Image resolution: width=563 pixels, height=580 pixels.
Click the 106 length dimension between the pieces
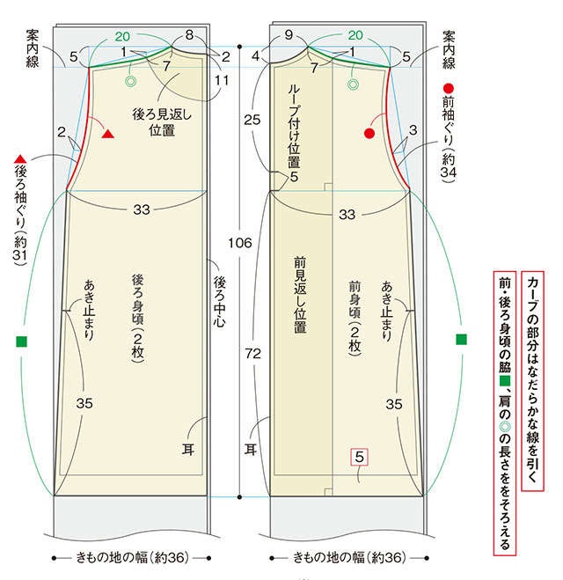pos(240,243)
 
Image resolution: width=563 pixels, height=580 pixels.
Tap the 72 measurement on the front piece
pos(252,354)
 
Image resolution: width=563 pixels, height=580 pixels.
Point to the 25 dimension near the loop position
pos(252,120)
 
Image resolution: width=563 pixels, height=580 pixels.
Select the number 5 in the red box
pos(359,457)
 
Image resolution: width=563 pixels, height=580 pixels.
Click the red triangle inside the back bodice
pos(107,135)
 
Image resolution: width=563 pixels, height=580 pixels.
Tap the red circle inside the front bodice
pos(369,134)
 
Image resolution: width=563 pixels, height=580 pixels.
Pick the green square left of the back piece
pos(22,341)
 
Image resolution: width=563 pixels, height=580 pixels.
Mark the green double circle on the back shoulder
pos(130,81)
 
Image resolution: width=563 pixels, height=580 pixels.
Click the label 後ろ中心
pos(219,302)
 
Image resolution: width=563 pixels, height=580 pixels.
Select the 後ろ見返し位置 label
pos(162,121)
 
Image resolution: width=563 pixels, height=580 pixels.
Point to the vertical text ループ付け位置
pos(294,126)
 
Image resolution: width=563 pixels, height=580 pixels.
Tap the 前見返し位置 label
pos(300,295)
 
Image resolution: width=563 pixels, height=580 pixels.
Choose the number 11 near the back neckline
pos(222,80)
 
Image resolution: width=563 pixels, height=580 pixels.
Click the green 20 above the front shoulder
pos(355,35)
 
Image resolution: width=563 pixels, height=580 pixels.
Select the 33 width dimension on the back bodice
pos(142,209)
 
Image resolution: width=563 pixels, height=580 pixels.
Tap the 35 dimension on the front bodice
pos(394,404)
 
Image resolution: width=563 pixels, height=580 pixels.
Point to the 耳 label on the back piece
pos(187,450)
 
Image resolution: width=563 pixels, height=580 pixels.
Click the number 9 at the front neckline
pos(289,35)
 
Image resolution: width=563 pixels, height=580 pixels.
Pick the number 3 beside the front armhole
pos(413,130)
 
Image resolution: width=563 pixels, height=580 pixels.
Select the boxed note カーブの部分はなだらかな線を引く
pos(532,381)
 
